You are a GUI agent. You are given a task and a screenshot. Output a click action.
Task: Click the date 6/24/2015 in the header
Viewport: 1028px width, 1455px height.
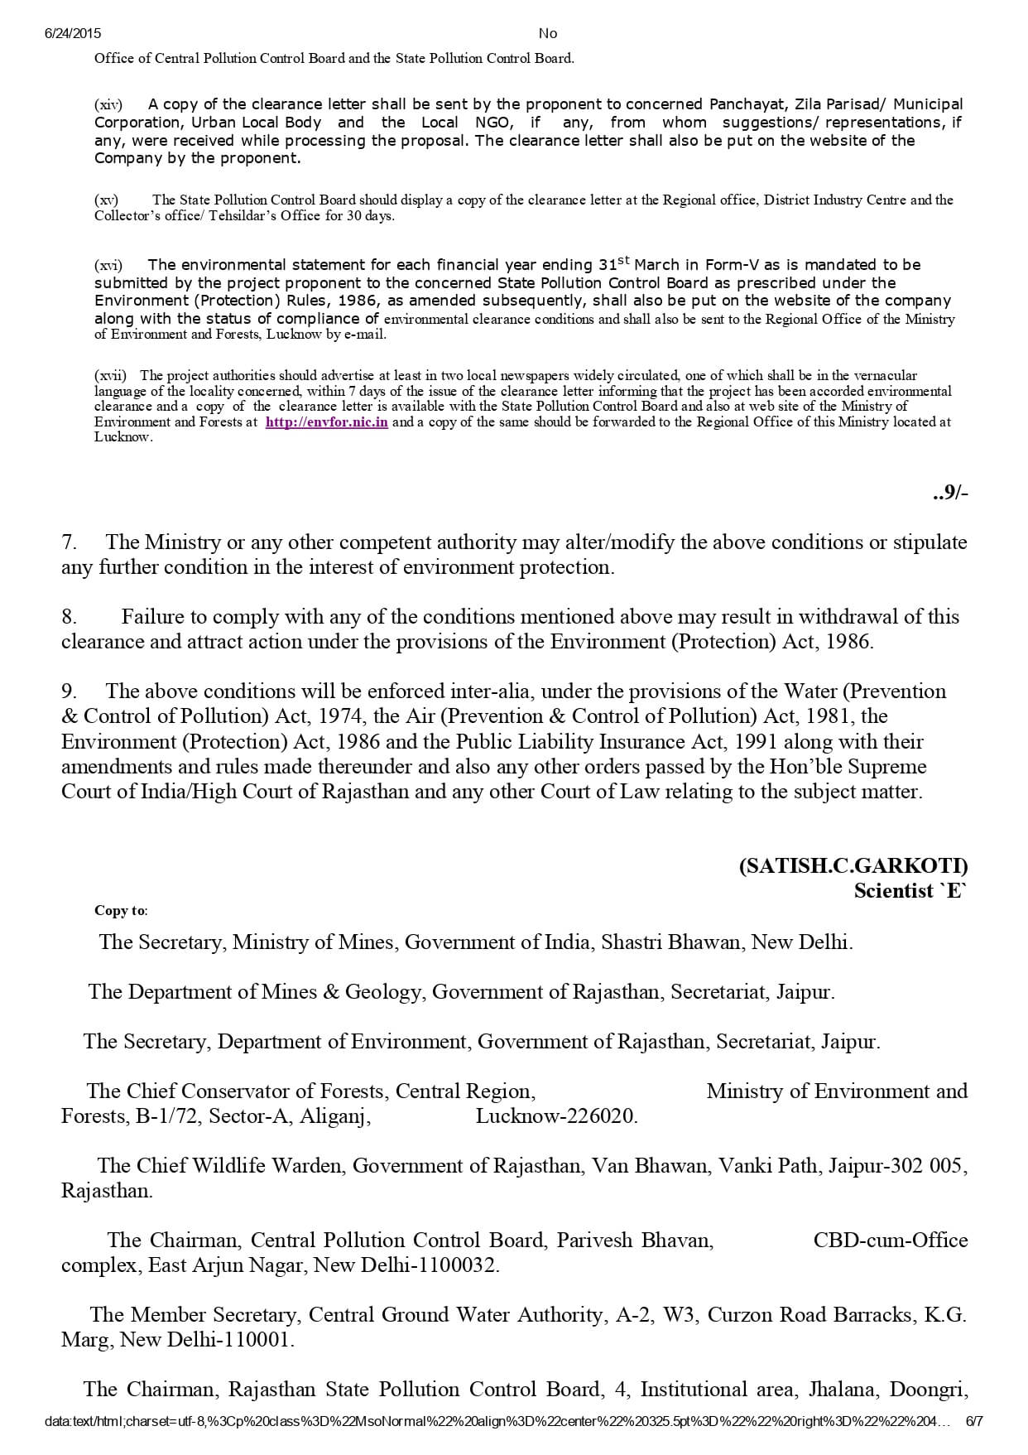(72, 33)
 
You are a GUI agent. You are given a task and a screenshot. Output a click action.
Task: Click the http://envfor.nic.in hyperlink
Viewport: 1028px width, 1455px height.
(327, 422)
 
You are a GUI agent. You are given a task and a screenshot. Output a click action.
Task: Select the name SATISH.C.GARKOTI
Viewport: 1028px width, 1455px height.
(853, 866)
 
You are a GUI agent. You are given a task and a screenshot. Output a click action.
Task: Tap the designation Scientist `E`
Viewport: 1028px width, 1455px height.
(910, 891)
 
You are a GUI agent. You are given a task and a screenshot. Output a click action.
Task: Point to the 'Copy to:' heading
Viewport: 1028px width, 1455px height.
(121, 910)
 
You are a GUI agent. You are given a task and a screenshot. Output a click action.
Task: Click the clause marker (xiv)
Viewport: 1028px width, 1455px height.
(108, 104)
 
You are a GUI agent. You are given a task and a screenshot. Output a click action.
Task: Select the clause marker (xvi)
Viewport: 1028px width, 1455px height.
(108, 265)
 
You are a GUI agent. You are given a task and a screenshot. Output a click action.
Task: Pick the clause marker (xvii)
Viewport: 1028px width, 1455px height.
(111, 375)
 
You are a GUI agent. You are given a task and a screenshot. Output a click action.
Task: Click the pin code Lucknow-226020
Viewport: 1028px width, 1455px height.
(556, 1116)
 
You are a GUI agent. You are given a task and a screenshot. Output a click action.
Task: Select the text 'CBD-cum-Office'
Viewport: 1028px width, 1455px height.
(891, 1241)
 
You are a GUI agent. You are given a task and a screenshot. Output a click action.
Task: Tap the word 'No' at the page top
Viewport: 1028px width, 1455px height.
(548, 33)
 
